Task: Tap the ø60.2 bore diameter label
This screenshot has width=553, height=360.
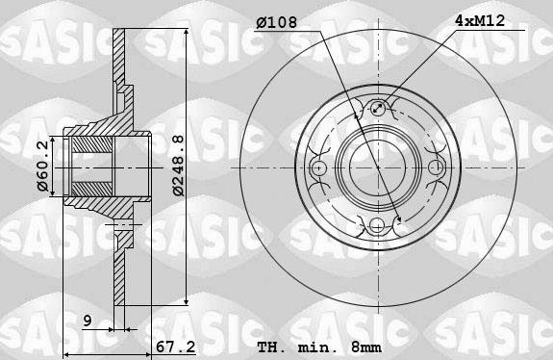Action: pyautogui.click(x=41, y=166)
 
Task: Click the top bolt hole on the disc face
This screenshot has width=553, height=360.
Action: pyautogui.click(x=378, y=109)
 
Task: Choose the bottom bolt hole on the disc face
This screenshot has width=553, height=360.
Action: pyautogui.click(x=378, y=227)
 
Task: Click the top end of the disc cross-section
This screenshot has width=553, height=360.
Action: pyautogui.click(x=119, y=35)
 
